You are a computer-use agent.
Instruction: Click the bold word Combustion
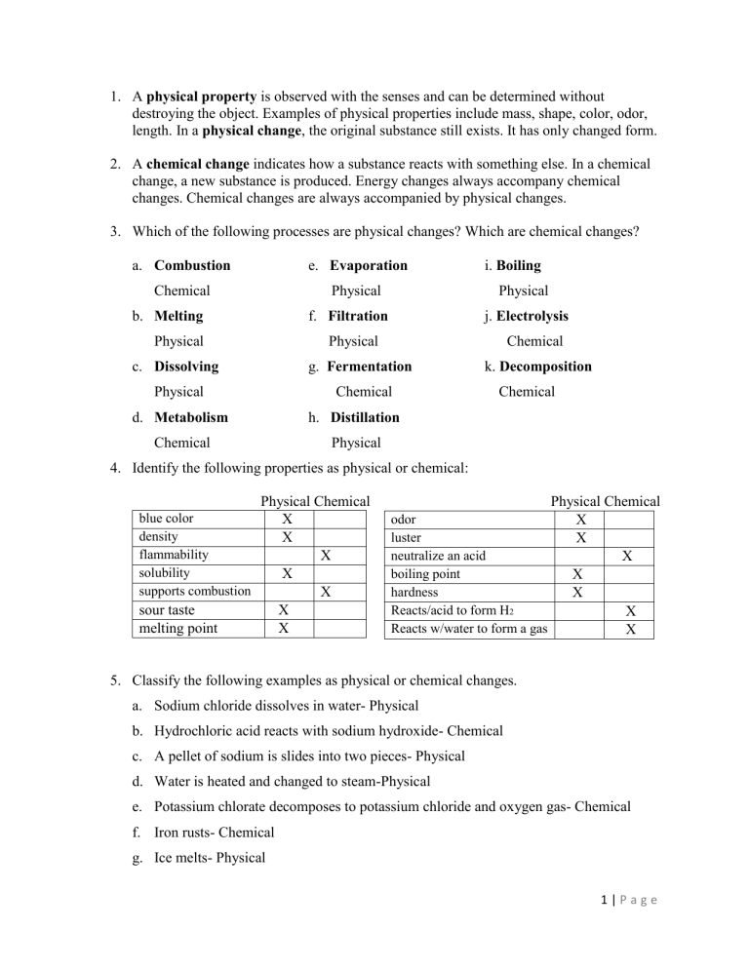click(x=192, y=265)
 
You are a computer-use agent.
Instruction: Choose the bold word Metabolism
click(x=191, y=417)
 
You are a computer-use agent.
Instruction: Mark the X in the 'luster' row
click(x=581, y=537)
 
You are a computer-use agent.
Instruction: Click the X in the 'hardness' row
click(x=581, y=592)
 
